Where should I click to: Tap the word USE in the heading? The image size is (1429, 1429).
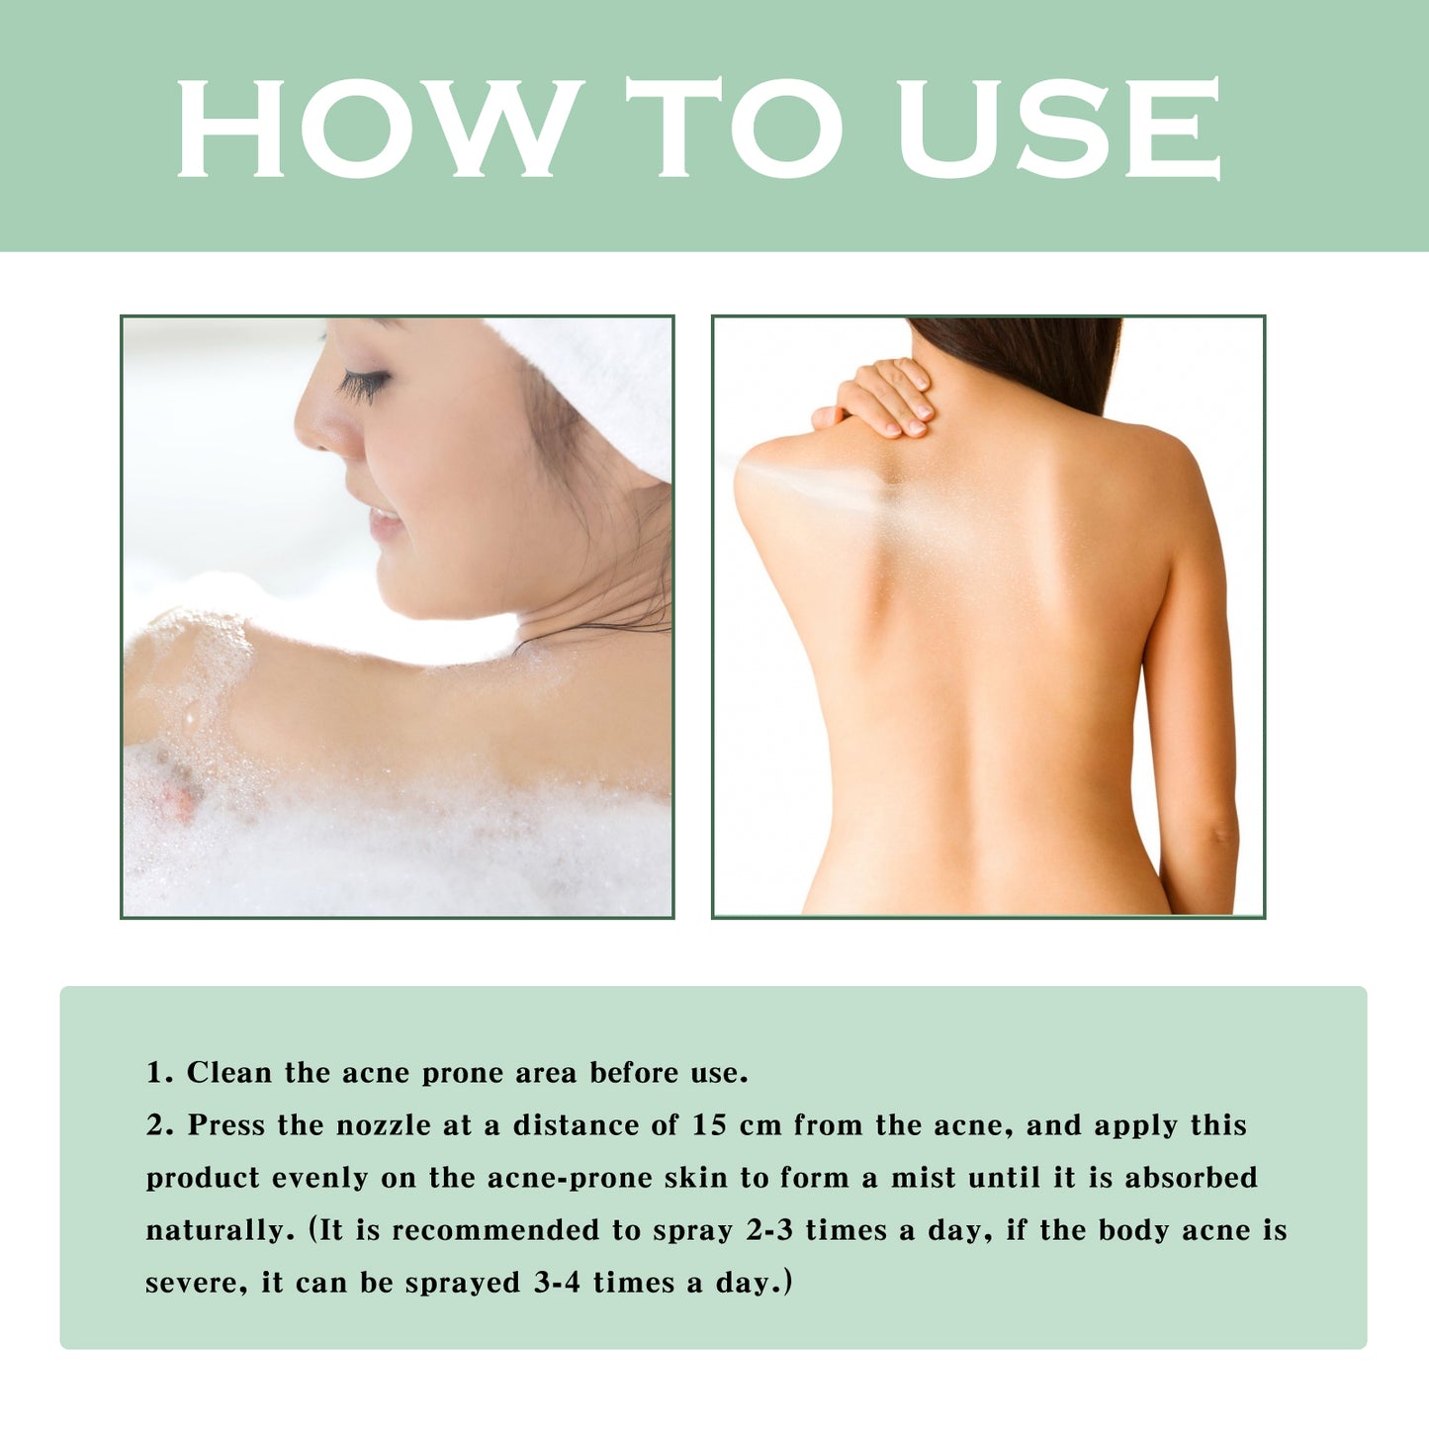(1058, 129)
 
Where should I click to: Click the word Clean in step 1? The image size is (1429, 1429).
(228, 1073)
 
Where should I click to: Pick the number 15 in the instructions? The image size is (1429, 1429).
(710, 1125)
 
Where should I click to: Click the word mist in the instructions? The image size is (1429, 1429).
(924, 1178)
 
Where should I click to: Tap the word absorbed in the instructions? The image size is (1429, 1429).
(1191, 1178)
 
